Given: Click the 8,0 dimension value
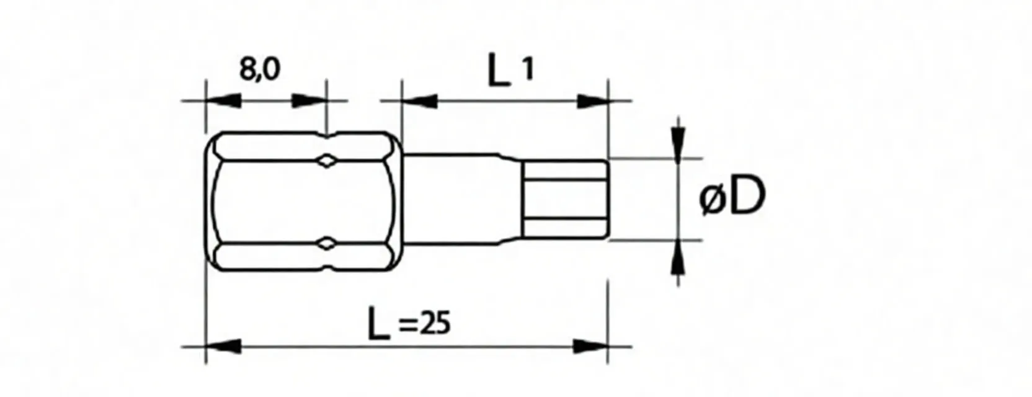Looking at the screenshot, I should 260,69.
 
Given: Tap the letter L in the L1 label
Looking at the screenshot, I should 498,71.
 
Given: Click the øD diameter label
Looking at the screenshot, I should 732,198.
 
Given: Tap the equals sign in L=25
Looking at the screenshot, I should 406,325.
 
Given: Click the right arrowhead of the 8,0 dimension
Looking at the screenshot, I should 309,100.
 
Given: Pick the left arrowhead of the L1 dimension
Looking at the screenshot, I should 420,100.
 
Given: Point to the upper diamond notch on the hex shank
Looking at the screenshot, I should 326,161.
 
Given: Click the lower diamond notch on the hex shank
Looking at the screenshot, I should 326,244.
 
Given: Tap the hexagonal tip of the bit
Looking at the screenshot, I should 564,198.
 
